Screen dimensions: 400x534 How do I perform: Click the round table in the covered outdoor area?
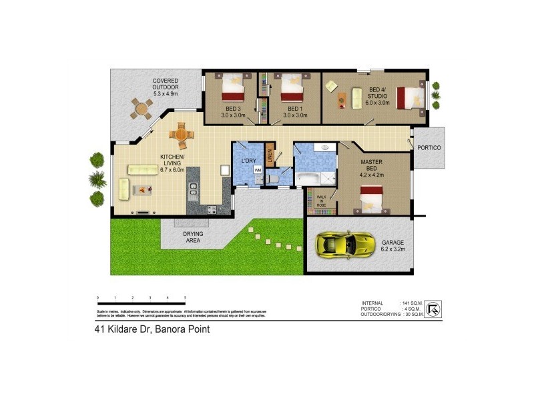click(141, 107)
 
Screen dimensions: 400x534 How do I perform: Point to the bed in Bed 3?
click(234, 87)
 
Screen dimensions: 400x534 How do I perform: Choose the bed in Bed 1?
click(292, 87)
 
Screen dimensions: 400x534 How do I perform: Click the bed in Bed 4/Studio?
click(409, 97)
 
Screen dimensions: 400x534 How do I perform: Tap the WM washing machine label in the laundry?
click(257, 170)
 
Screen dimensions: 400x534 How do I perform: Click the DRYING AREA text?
click(194, 237)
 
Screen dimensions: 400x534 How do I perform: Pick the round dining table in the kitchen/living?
click(182, 135)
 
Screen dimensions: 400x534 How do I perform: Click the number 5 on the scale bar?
click(185, 297)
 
